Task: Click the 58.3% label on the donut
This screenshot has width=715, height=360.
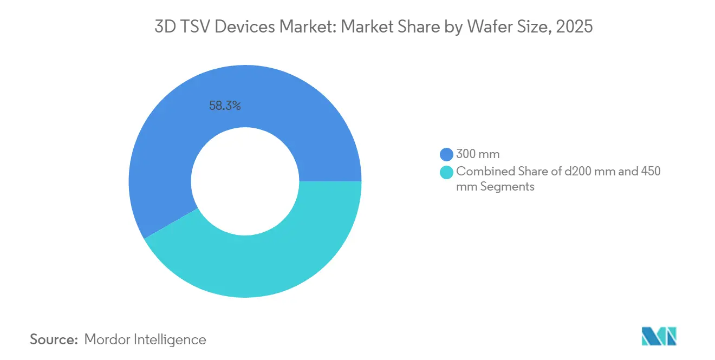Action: pos(225,106)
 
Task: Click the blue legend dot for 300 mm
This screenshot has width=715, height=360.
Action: pos(447,155)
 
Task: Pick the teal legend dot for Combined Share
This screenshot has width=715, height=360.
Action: pos(447,172)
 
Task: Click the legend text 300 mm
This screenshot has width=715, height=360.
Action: pos(478,155)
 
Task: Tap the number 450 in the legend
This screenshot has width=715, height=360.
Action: pos(650,172)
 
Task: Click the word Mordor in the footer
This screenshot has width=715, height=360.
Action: pos(108,339)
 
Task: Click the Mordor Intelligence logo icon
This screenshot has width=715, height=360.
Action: pos(659,336)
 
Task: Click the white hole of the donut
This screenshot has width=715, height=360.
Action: pos(245,181)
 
